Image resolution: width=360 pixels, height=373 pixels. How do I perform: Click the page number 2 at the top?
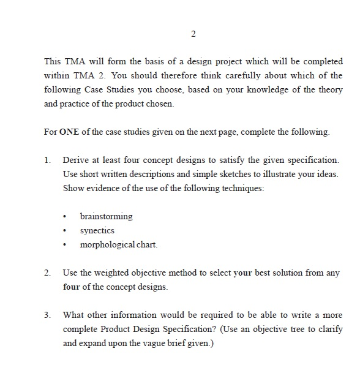coord(193,33)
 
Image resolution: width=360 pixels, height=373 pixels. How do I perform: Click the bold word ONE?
coord(69,132)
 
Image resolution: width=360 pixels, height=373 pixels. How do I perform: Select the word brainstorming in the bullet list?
coord(106,217)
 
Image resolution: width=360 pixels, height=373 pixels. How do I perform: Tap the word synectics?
coord(97,231)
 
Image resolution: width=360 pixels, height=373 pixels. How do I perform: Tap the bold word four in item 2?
coord(72,287)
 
